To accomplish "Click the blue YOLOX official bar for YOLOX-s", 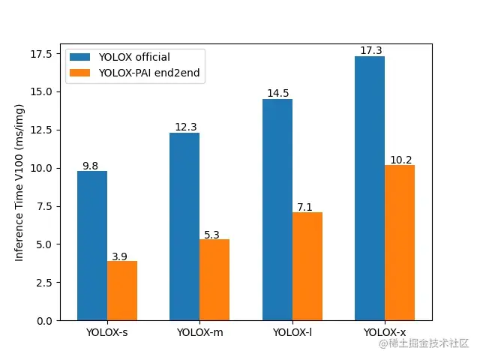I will (x=92, y=246).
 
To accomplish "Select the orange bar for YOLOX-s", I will (x=122, y=291).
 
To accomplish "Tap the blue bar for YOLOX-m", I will (x=184, y=226).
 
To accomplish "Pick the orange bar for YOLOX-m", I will (x=214, y=280).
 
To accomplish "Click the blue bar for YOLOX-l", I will (x=277, y=210).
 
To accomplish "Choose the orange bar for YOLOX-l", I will (x=307, y=266).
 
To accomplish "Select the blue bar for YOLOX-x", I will (x=370, y=188).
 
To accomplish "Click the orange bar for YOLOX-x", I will (x=400, y=242).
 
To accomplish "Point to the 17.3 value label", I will (x=370, y=51).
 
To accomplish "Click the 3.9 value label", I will (x=120, y=256).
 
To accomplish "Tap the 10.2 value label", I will (x=400, y=160).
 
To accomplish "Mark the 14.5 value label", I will (x=277, y=94).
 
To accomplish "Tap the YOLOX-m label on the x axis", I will (x=199, y=332).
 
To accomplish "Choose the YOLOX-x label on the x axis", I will (x=385, y=332).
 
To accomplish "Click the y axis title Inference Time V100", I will (x=20, y=183).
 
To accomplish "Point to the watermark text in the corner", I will (x=424, y=343).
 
